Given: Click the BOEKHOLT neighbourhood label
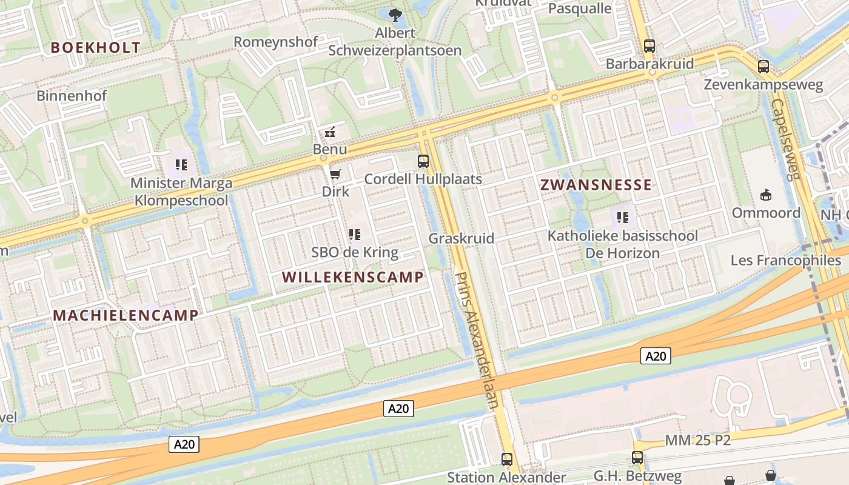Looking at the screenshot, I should click(95, 47).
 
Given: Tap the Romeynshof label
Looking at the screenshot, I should click(276, 42).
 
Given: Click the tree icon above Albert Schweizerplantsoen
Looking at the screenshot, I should click(395, 15).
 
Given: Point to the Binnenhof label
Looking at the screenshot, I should click(72, 95).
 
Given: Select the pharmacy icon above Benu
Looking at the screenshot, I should click(330, 132).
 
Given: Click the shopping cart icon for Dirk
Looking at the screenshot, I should click(335, 175).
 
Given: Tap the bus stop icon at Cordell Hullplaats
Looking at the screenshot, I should click(423, 161).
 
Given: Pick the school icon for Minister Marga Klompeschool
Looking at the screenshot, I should click(181, 164).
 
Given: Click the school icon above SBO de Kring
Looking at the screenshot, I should click(355, 235).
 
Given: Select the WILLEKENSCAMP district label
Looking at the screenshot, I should click(352, 277).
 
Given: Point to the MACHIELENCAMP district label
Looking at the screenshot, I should click(126, 315).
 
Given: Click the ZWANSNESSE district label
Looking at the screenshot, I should click(596, 185).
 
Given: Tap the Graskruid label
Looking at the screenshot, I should click(461, 238).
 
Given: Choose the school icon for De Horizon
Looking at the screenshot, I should click(622, 217).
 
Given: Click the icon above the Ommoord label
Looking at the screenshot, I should click(766, 195).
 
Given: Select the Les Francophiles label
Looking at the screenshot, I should click(786, 261).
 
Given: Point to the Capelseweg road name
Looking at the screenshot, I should click(787, 139).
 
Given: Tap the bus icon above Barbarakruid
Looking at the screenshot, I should click(649, 45).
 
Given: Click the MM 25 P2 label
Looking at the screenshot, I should click(697, 440).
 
